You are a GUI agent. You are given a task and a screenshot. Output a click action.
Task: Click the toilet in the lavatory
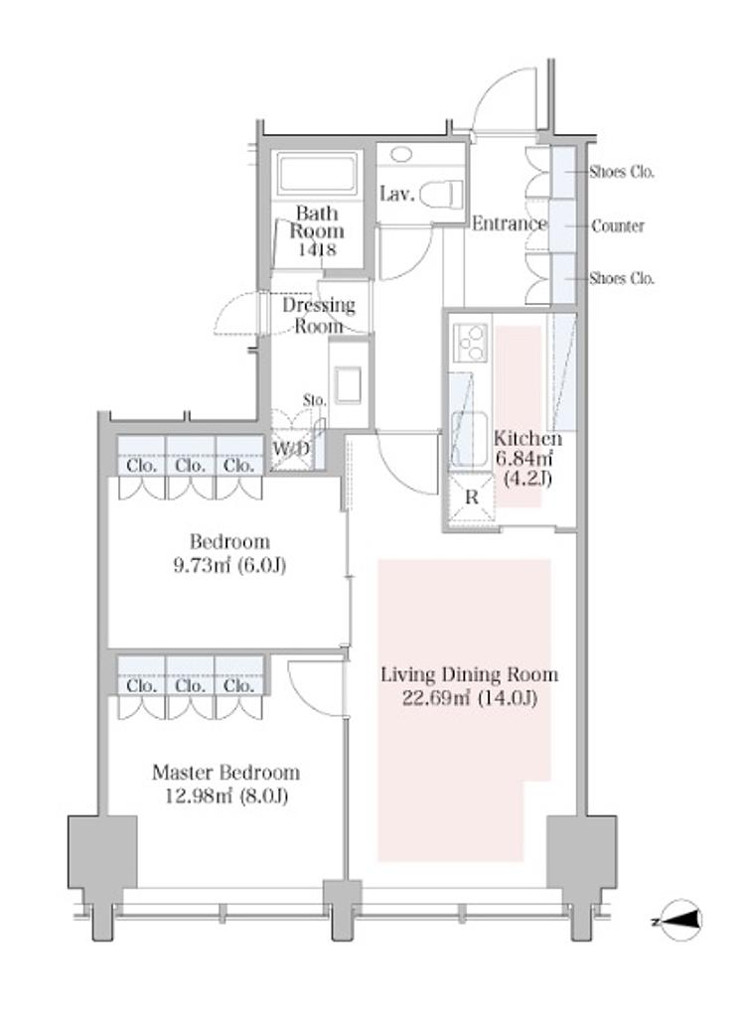point(441,194)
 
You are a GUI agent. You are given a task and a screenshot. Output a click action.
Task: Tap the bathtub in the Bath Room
point(317,173)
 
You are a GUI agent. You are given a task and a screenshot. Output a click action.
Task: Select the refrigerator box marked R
point(471,497)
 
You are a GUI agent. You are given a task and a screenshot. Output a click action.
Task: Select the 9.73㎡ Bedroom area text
point(229,565)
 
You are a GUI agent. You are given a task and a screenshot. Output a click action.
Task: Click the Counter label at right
point(618,225)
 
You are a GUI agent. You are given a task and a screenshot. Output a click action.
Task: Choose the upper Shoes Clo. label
point(622,172)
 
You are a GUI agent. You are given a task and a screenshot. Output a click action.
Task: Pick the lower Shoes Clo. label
point(622,278)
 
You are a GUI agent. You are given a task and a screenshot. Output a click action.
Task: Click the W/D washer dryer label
point(290,448)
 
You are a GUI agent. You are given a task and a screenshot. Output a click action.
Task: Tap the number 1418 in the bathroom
point(317,249)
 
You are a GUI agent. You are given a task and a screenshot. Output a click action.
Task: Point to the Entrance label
point(509,223)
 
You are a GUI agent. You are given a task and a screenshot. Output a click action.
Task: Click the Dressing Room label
point(319,315)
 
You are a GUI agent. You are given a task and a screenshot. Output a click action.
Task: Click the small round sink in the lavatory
point(402,154)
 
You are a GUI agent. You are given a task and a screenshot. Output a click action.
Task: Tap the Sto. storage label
point(315,400)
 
